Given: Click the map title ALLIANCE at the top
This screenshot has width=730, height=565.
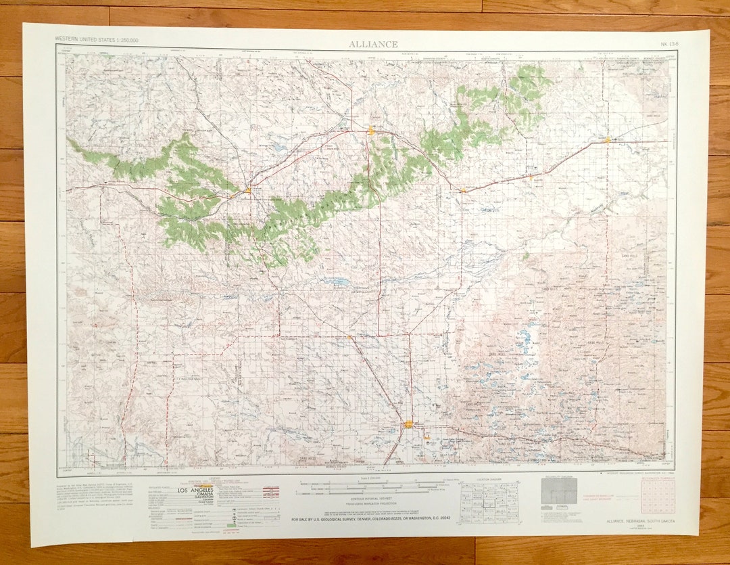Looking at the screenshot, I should [x=373, y=45].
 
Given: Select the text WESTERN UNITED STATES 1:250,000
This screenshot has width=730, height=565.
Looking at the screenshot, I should [x=97, y=40].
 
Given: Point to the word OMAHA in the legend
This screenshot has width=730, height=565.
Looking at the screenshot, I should [x=197, y=495].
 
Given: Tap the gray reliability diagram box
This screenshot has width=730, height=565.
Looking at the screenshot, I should [x=559, y=491].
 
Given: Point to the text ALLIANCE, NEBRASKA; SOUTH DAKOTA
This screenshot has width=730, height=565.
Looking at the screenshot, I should [x=635, y=520].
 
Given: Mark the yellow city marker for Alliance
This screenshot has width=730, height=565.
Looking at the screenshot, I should [x=409, y=425].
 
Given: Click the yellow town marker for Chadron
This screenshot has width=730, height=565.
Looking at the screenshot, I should [x=371, y=130].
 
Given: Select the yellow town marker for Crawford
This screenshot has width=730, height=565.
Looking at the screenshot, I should [x=248, y=190].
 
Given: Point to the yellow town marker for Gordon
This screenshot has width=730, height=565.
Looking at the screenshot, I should [x=607, y=140].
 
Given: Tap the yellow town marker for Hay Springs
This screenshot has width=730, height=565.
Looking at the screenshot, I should [x=462, y=191].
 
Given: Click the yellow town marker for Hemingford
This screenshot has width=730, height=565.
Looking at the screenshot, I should [x=349, y=336].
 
